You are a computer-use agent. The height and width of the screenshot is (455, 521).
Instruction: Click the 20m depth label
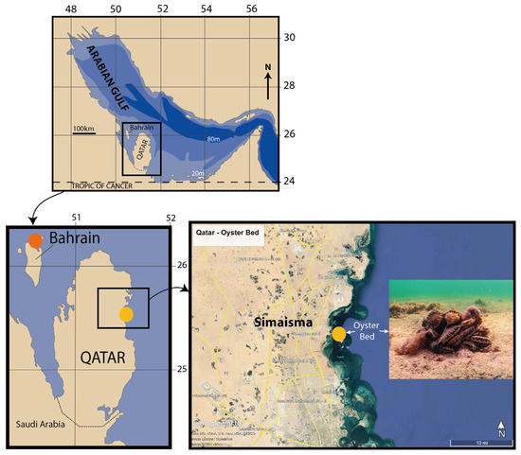(196, 173)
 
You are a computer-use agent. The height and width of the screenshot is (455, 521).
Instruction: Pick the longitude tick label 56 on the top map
(251, 10)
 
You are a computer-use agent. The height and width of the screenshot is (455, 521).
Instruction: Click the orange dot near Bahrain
(34, 240)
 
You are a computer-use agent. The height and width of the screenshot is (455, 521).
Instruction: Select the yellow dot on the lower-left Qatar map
(126, 314)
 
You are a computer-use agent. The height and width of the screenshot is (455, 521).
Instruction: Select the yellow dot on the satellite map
(338, 333)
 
